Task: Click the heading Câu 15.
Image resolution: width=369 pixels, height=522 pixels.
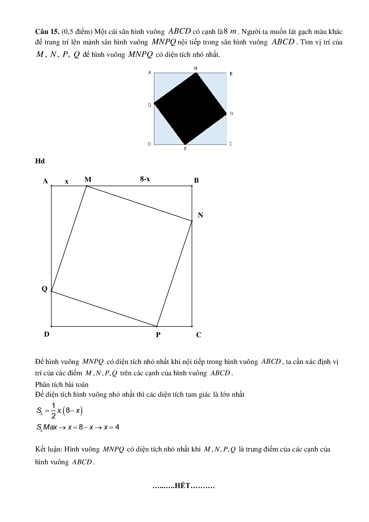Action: [x=47, y=32]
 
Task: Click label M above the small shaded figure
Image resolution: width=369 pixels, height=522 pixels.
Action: [x=195, y=68]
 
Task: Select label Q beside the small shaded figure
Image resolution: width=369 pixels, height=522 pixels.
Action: [x=150, y=105]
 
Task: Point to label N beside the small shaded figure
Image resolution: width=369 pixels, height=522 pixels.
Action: [x=232, y=113]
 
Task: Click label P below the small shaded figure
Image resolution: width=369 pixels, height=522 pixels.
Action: [x=185, y=149]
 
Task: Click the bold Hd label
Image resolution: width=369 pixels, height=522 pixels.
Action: [x=40, y=161]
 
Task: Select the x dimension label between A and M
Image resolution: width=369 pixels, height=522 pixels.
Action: [x=67, y=181]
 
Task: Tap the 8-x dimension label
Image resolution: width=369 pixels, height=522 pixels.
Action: [x=145, y=179]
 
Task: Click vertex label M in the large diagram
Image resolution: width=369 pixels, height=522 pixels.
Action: [x=88, y=179]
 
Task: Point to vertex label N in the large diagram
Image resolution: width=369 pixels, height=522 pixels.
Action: [x=200, y=215]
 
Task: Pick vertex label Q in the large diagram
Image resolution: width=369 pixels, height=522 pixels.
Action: [x=44, y=289]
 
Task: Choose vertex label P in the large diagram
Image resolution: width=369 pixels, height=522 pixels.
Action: [x=158, y=335]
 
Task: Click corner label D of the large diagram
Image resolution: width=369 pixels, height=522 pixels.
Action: [x=46, y=334]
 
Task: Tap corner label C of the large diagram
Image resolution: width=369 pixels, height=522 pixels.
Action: [x=199, y=335]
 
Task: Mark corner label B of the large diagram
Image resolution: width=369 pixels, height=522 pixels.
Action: [x=196, y=180]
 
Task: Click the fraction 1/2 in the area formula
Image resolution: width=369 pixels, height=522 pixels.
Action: [x=54, y=410]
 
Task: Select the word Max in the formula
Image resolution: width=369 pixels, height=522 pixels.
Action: [x=50, y=427]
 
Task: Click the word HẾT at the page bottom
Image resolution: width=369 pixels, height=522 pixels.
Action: [x=182, y=486]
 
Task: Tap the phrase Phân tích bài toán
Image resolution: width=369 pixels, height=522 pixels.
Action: [x=62, y=384]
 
